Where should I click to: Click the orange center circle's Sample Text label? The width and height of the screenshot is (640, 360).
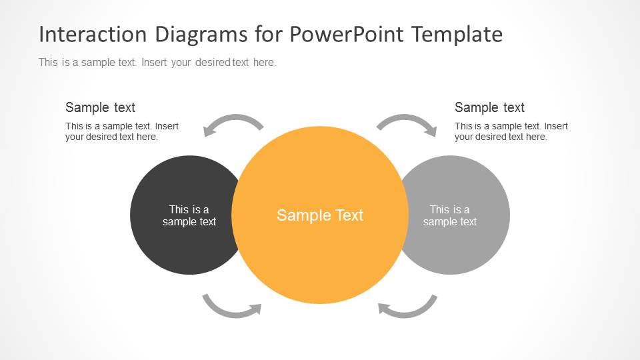[320, 215]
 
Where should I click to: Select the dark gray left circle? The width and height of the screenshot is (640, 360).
[160, 247]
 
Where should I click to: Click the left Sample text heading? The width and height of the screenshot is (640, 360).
[100, 107]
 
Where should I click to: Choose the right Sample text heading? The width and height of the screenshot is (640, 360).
[489, 107]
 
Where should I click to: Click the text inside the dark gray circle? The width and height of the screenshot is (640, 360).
[189, 215]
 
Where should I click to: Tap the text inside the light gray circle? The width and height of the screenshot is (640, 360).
[450, 215]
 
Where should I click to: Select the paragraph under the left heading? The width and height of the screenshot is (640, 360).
[122, 131]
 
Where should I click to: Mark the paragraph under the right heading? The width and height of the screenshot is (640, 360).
[511, 131]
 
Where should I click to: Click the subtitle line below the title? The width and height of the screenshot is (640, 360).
[157, 63]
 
